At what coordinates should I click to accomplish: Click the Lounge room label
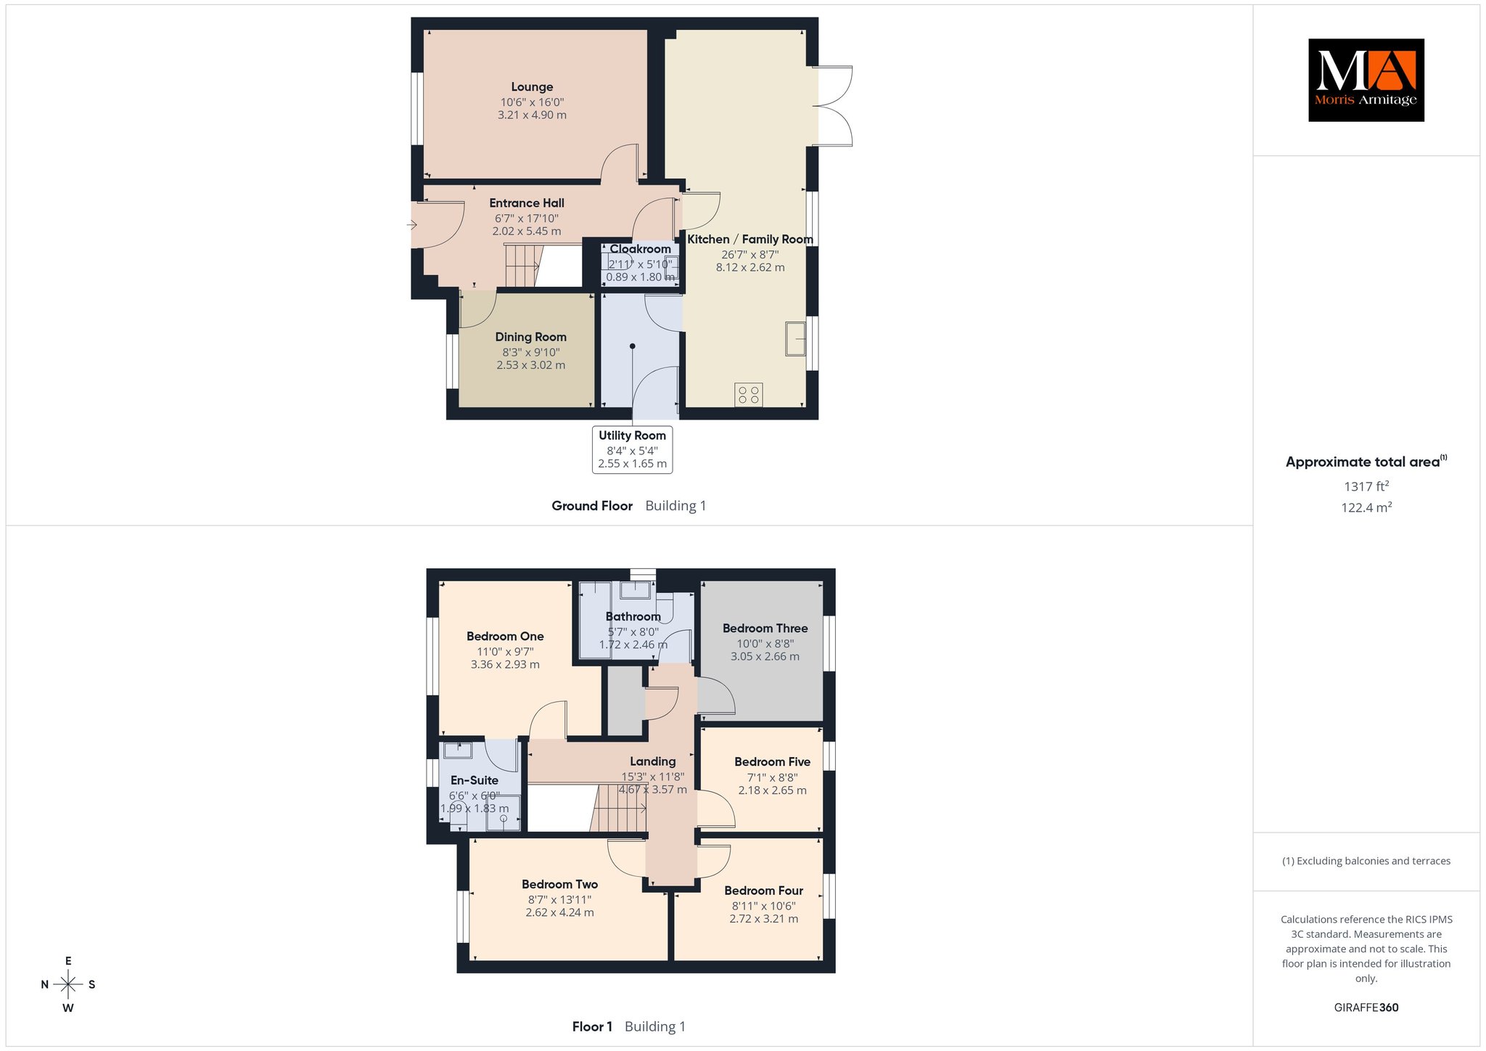pos(532,87)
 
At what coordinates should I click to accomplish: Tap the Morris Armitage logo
pos(1366,80)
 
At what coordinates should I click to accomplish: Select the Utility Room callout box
pos(632,449)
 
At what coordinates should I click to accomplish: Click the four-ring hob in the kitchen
pos(749,395)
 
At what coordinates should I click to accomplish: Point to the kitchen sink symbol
pos(795,338)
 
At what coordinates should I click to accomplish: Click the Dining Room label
pos(531,337)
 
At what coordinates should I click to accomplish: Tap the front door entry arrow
pos(411,225)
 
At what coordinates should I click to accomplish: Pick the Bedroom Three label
pos(765,629)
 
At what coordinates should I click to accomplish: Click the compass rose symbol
pos(68,984)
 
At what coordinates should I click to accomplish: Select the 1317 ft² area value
pos(1366,486)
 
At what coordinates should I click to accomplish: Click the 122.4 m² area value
pos(1366,507)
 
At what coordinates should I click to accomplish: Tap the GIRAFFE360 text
pos(1366,1007)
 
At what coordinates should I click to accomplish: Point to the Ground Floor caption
pos(592,506)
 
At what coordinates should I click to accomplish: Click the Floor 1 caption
pos(592,1026)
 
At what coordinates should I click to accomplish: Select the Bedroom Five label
pos(772,761)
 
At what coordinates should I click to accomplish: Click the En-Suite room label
pos(475,780)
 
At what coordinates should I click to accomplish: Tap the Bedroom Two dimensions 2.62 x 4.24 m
pos(559,912)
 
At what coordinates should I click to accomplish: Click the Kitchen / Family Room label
pos(750,240)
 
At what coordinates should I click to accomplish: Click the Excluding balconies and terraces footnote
pos(1366,861)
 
